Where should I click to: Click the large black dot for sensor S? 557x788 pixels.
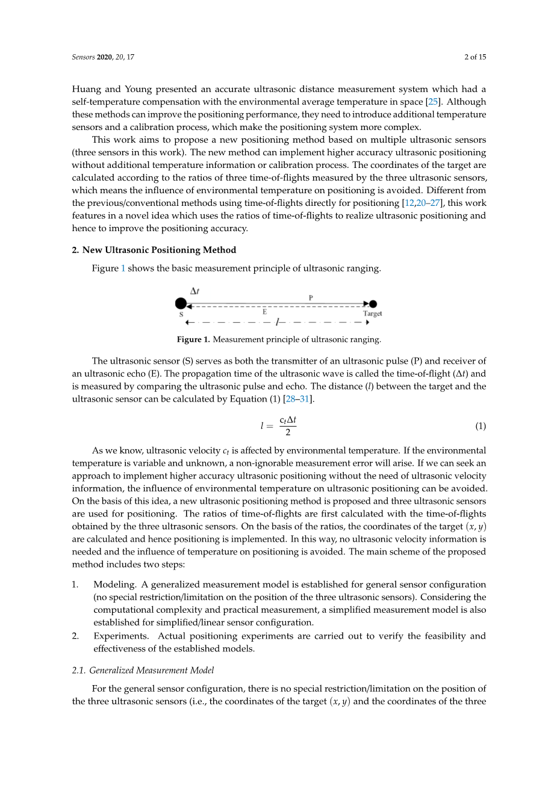click(181, 303)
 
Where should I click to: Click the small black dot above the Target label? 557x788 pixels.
click(373, 304)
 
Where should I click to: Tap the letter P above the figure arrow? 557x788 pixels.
click(311, 298)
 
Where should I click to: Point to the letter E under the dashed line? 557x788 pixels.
click(264, 312)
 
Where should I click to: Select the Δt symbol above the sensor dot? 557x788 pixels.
click(194, 291)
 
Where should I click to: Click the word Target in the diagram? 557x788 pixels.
click(372, 314)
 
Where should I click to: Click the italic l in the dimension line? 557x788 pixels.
click(276, 323)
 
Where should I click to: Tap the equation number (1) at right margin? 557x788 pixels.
click(480, 426)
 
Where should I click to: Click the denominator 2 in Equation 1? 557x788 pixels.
click(288, 432)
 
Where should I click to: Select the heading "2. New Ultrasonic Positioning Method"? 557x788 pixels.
click(154, 250)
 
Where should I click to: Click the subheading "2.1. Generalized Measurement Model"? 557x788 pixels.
click(143, 670)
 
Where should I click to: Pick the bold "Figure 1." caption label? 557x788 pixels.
click(193, 340)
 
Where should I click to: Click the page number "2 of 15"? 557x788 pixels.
click(475, 57)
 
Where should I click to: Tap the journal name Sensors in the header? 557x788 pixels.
click(83, 57)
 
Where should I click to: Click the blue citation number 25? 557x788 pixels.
click(433, 102)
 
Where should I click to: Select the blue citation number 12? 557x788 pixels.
click(409, 203)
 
